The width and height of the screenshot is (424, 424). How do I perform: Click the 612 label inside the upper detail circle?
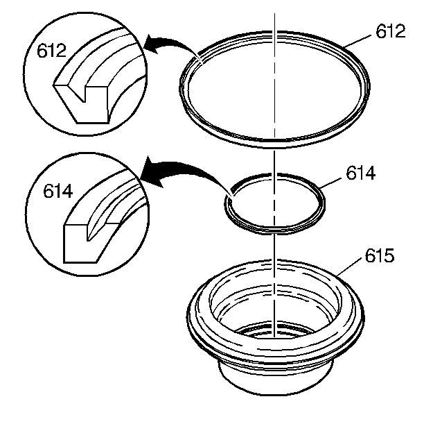[51, 50]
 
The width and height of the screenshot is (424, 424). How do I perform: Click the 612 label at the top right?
[391, 31]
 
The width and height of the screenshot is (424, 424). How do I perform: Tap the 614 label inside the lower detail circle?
[58, 191]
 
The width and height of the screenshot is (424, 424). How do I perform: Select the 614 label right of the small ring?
[361, 173]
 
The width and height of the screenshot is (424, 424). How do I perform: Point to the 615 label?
[380, 255]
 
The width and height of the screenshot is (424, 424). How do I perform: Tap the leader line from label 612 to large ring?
[358, 41]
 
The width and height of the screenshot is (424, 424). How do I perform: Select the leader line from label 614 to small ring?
[330, 183]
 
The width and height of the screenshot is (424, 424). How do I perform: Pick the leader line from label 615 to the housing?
[349, 267]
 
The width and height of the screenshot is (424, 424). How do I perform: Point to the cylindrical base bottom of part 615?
[275, 390]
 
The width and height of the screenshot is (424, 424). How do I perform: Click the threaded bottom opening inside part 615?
[274, 330]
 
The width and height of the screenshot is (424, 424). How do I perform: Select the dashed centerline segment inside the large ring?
[275, 90]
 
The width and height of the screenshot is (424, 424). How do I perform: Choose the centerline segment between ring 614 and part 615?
[274, 246]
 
